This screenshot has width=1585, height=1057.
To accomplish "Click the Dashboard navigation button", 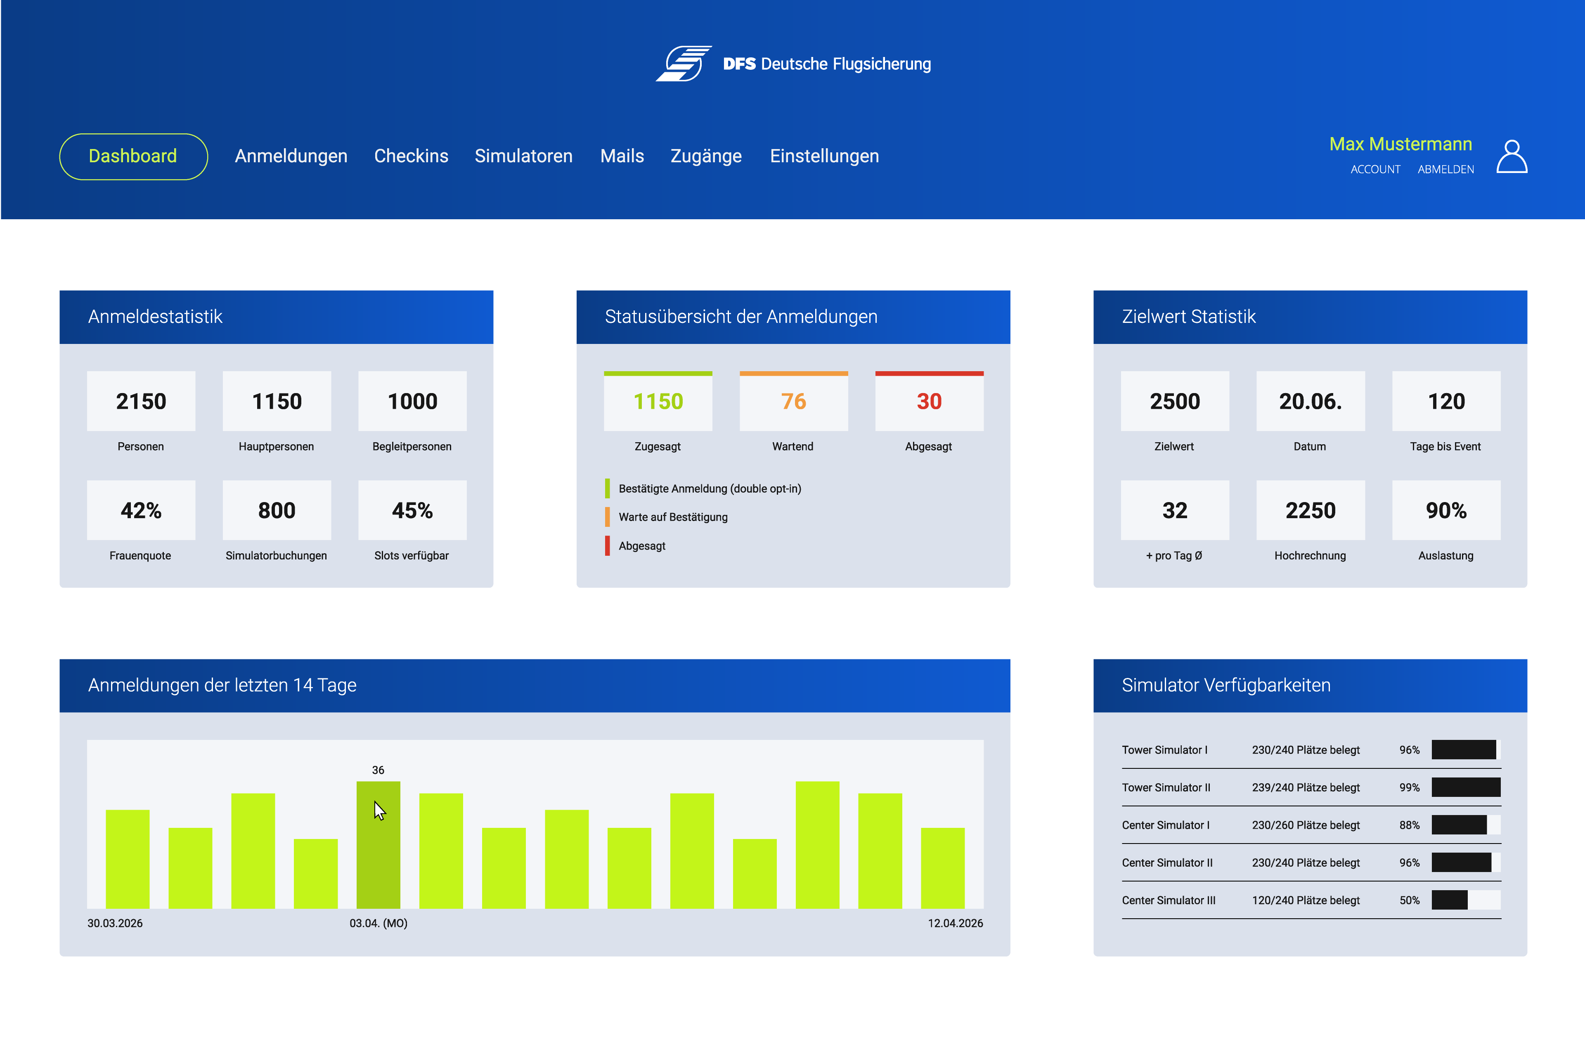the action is [x=133, y=156].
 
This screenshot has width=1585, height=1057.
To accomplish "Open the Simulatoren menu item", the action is [x=524, y=156].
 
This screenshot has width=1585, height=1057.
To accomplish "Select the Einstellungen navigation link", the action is [x=824, y=156].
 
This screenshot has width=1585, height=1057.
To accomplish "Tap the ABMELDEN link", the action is [x=1445, y=169].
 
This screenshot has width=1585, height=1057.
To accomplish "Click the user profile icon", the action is [x=1512, y=156].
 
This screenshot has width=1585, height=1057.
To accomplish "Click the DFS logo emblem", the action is [x=684, y=63].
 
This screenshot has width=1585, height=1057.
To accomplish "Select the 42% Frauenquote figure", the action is [x=141, y=510].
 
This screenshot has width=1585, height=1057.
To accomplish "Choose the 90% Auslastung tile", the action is [x=1446, y=510].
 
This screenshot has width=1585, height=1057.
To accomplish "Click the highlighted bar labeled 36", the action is [x=378, y=845].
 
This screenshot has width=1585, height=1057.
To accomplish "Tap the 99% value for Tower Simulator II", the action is [x=1409, y=787].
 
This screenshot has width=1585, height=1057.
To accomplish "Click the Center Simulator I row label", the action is [x=1165, y=825].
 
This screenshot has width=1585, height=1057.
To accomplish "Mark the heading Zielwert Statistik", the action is [x=1189, y=317].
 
